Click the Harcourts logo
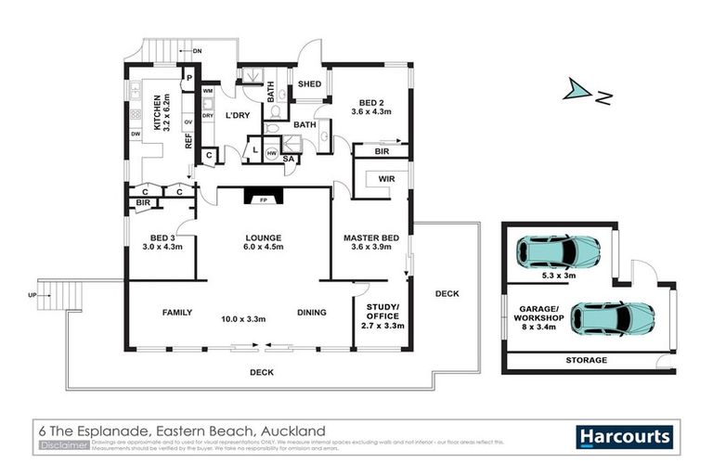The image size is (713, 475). (625, 435)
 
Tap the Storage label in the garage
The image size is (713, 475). (587, 360)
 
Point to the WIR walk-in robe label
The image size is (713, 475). (387, 178)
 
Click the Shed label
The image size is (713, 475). (308, 86)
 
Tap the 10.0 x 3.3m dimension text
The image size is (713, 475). (245, 319)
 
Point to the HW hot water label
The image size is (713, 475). (271, 153)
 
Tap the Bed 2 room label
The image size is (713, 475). (370, 106)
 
